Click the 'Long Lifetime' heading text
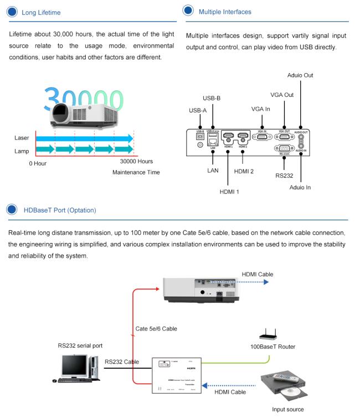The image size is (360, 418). pos(41,12)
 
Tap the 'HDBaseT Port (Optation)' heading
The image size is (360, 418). pos(60,210)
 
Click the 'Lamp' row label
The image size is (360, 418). pos(22,150)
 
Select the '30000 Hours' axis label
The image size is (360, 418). pos(136,162)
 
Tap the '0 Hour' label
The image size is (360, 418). pos(38,163)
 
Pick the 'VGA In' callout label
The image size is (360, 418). pos(260,109)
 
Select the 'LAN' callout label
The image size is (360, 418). pos(213,171)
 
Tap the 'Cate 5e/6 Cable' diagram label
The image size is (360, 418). pos(156,328)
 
